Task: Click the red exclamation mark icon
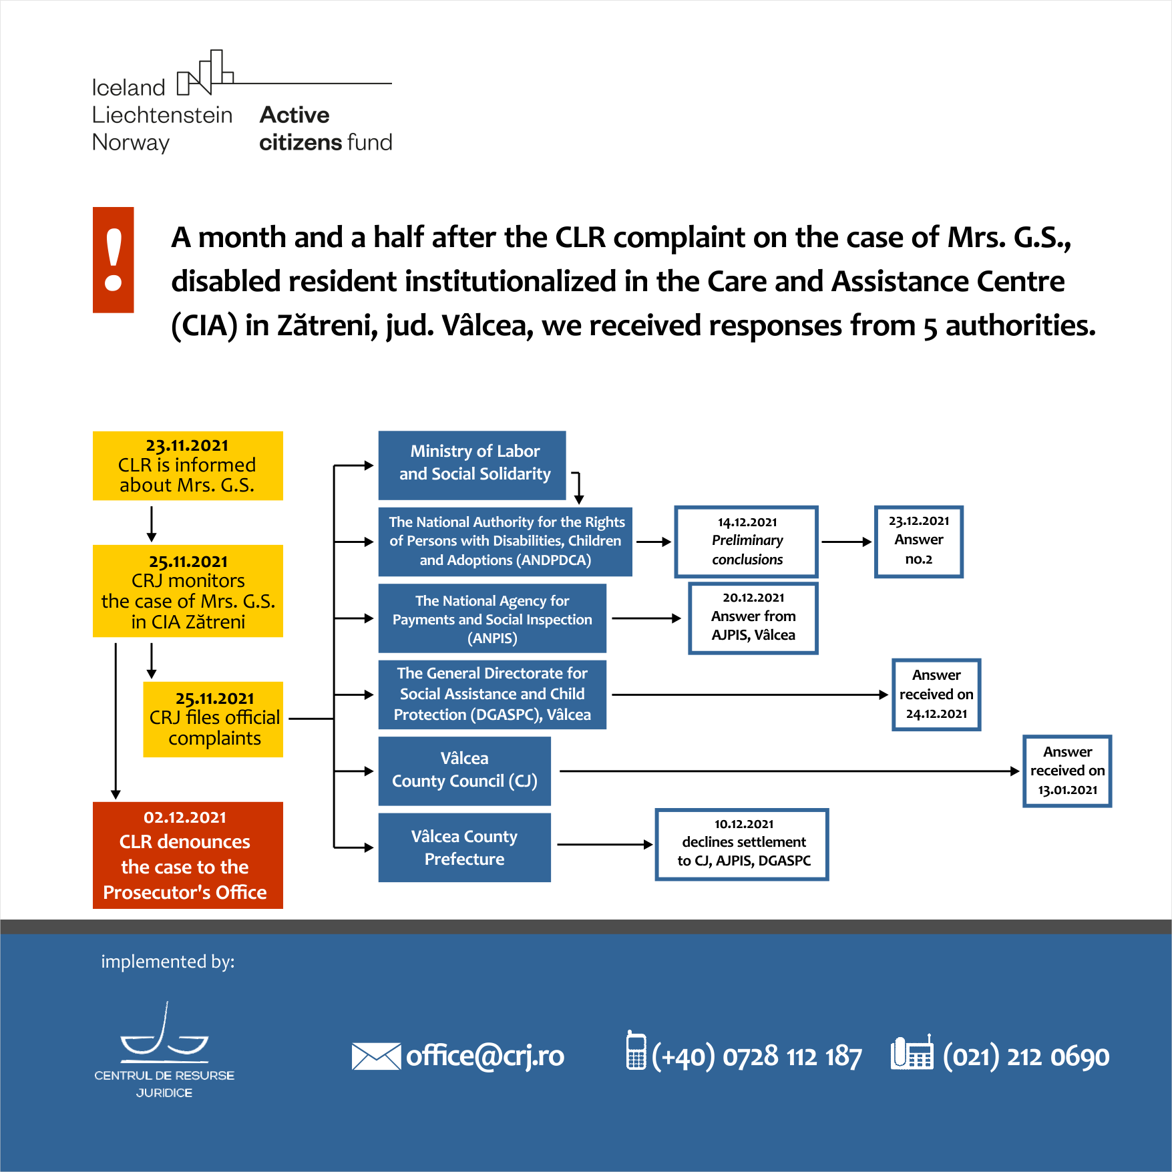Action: [114, 260]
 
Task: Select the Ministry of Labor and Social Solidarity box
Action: [472, 465]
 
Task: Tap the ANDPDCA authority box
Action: [506, 542]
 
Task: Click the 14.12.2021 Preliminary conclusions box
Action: [747, 542]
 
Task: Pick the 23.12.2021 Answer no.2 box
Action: [919, 542]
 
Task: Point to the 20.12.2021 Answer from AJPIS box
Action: [753, 618]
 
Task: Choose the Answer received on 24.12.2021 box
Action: [936, 695]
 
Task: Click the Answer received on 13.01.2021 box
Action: [1067, 771]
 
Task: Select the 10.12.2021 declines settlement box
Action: [742, 845]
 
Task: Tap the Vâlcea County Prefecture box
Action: [465, 847]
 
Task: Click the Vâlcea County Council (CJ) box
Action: [465, 771]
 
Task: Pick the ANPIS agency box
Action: [492, 618]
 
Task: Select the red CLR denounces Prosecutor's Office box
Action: [188, 855]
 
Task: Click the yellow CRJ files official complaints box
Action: [213, 719]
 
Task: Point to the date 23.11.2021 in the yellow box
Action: [187, 445]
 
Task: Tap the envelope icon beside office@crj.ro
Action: [376, 1056]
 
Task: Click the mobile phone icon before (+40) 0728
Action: [636, 1050]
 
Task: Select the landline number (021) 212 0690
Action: [1026, 1056]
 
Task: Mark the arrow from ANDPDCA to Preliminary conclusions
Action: [654, 542]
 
